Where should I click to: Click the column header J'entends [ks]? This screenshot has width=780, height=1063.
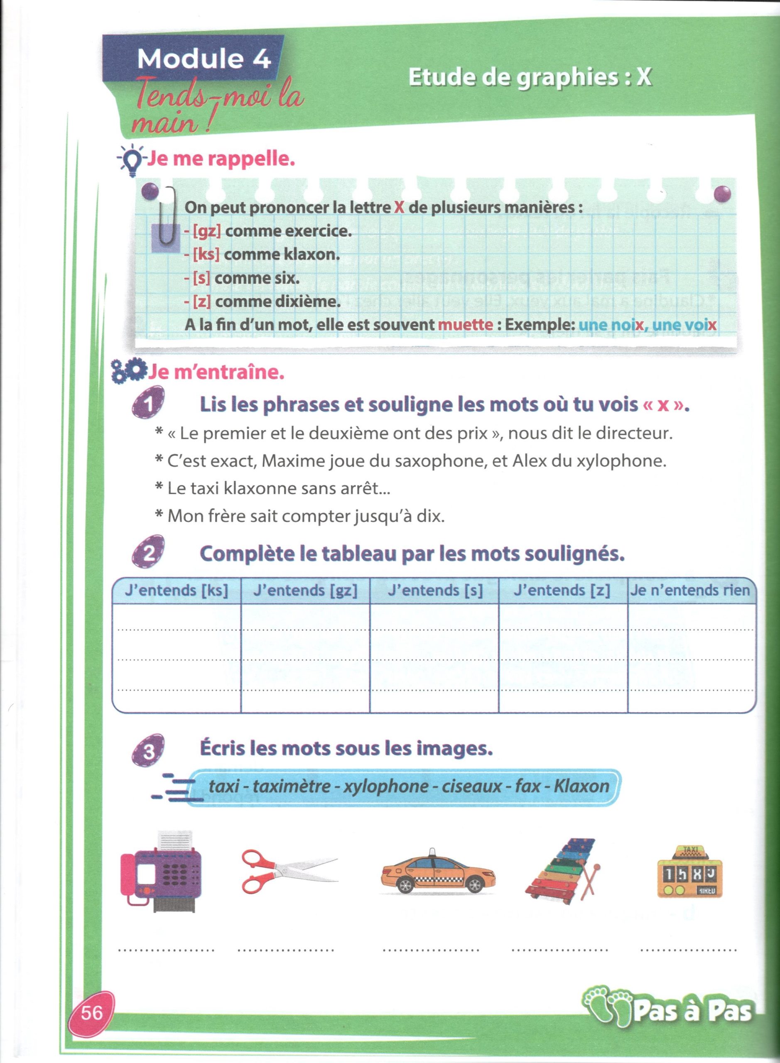176,590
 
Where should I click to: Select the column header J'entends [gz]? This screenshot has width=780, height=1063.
305,590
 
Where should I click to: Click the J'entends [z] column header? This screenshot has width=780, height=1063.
562,590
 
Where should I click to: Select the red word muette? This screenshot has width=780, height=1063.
466,325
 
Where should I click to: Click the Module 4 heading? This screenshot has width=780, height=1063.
204,59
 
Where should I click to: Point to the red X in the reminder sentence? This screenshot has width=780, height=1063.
400,208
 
